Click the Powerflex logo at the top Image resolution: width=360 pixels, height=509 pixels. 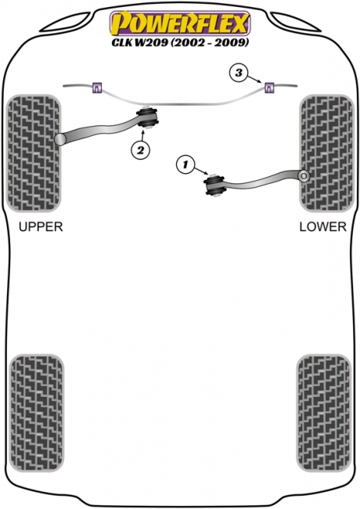(180, 23)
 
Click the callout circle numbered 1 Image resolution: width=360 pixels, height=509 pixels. (185, 165)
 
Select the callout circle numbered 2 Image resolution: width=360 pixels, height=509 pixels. (140, 150)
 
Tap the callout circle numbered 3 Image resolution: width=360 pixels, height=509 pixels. (239, 73)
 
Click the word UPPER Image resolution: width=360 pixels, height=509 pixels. (41, 226)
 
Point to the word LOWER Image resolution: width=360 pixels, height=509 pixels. (322, 226)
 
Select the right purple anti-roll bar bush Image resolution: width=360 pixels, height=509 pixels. (269, 88)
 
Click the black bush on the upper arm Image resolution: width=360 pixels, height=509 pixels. (148, 117)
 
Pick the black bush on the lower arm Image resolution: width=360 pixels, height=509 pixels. (214, 184)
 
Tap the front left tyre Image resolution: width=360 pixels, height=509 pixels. (34, 153)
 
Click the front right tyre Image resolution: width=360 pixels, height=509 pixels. (326, 153)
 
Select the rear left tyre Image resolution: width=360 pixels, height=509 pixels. (37, 413)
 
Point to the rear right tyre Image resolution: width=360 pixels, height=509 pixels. (324, 413)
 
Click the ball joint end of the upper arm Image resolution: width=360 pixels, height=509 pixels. (60, 139)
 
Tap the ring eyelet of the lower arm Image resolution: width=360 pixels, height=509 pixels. (304, 176)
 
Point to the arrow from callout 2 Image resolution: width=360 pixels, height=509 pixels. (143, 135)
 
